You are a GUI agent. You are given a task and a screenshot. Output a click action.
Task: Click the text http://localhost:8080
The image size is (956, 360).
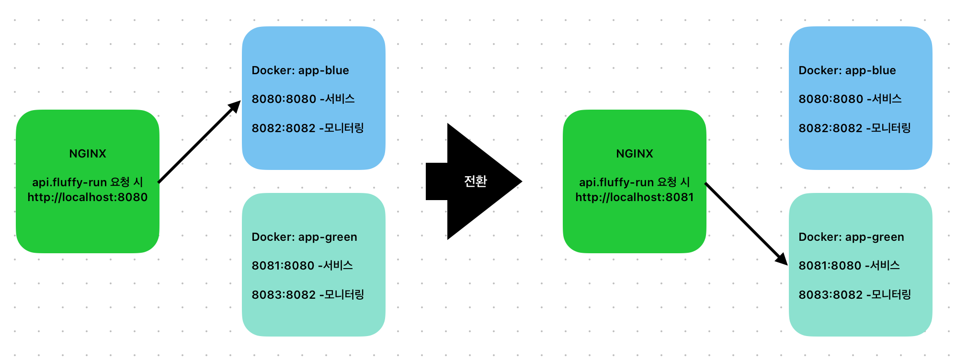[x=88, y=197]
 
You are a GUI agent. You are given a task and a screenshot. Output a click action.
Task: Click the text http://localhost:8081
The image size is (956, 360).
[x=634, y=197]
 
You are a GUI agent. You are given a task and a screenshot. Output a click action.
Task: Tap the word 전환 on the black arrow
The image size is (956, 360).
[x=475, y=181]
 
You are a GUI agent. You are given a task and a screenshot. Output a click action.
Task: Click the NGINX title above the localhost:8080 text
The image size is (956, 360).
[x=88, y=154]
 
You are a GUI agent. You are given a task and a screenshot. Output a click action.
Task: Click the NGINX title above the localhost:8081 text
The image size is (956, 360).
[x=634, y=154]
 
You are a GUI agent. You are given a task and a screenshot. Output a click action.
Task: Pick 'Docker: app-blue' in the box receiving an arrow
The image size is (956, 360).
[x=300, y=70]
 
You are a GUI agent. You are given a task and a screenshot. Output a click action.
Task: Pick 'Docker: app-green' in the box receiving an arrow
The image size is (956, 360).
[x=851, y=237]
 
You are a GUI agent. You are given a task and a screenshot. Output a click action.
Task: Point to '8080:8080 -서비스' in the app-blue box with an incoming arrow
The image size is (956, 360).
[x=303, y=99]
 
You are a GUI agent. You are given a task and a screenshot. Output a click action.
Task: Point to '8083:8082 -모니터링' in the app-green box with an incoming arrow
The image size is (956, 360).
[x=854, y=294]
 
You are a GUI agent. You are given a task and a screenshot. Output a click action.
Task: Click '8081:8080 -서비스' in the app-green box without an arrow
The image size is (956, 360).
[x=302, y=266]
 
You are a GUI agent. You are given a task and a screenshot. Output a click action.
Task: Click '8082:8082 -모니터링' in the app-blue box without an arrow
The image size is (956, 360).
[x=854, y=128]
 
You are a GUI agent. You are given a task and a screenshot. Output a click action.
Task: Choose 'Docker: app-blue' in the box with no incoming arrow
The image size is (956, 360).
[x=847, y=70]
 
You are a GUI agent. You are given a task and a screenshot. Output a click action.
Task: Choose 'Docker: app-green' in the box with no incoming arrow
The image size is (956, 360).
[x=304, y=237]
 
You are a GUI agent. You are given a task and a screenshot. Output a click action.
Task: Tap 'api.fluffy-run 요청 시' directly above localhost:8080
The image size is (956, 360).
[x=88, y=182]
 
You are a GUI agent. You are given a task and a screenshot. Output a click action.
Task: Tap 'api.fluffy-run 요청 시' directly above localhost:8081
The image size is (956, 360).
[x=634, y=182]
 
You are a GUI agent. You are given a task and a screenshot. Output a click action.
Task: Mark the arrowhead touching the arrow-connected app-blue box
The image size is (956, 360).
[x=235, y=106]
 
